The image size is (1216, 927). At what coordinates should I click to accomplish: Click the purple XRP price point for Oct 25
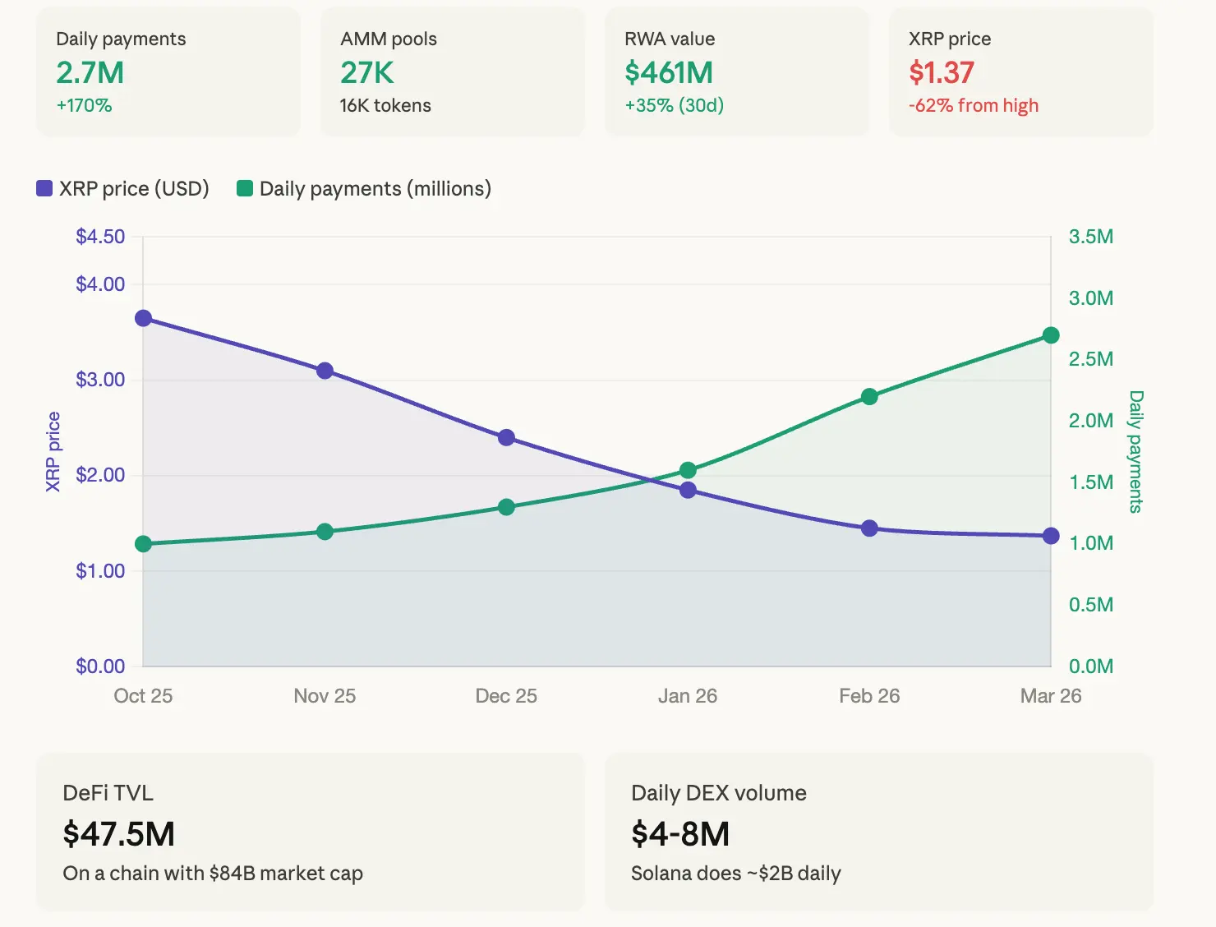(x=143, y=318)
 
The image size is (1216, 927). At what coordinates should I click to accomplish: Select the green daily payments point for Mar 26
(x=1051, y=335)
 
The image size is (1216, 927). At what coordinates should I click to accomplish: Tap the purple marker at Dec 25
(x=506, y=437)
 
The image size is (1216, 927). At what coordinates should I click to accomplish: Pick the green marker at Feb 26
(x=869, y=397)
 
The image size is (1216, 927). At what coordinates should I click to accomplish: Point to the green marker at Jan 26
(x=688, y=470)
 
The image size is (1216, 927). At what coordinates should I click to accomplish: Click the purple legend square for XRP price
(x=44, y=189)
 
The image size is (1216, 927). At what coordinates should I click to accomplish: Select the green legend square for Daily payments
(x=244, y=189)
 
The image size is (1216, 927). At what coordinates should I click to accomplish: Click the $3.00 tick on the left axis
(x=100, y=380)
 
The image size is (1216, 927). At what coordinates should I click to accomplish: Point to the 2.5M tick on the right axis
(x=1090, y=359)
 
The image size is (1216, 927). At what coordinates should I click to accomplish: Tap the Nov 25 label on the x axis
(x=325, y=696)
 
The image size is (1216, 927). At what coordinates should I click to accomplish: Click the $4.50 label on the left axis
(x=100, y=237)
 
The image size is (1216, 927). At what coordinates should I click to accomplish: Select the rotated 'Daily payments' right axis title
(x=1135, y=451)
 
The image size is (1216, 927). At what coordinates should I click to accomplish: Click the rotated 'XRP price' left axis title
(x=53, y=451)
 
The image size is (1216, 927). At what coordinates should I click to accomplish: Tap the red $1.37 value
(x=941, y=72)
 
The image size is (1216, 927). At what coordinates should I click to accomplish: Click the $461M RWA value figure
(x=669, y=72)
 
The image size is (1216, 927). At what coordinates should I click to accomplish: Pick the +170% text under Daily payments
(x=84, y=105)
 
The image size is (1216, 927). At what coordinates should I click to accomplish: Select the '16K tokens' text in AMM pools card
(x=385, y=105)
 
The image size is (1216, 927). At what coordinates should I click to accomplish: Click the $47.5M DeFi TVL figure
(x=118, y=834)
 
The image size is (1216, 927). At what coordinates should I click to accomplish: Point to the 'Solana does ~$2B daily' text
(x=735, y=873)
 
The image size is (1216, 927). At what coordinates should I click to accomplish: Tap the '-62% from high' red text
(x=973, y=105)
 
